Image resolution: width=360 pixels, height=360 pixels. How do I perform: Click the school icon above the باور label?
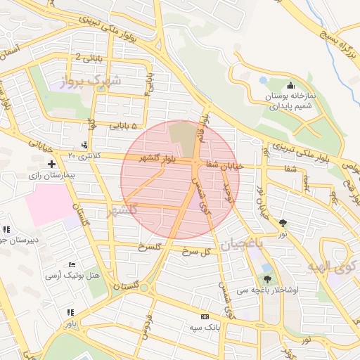tap(70, 312)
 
